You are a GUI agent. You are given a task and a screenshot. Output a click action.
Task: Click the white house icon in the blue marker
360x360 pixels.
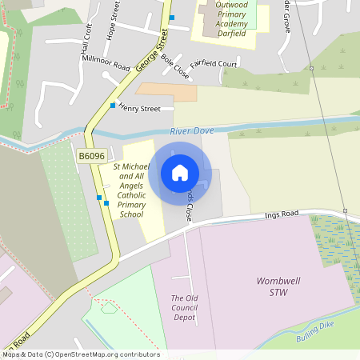coord(180,173)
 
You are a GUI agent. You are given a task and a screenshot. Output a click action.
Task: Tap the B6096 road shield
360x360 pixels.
coord(90,156)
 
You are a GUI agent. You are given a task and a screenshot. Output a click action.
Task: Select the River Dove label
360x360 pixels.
coord(193,130)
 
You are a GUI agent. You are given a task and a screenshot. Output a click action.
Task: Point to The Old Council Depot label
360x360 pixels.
coord(189,307)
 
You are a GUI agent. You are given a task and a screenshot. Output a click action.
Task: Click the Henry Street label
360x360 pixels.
coord(146,108)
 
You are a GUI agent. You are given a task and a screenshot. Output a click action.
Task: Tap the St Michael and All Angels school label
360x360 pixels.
coord(131,190)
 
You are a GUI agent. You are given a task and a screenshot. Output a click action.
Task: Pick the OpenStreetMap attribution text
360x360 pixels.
coord(81,354)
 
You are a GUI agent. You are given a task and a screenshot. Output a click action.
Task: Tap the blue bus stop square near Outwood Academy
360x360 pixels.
coord(171,18)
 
